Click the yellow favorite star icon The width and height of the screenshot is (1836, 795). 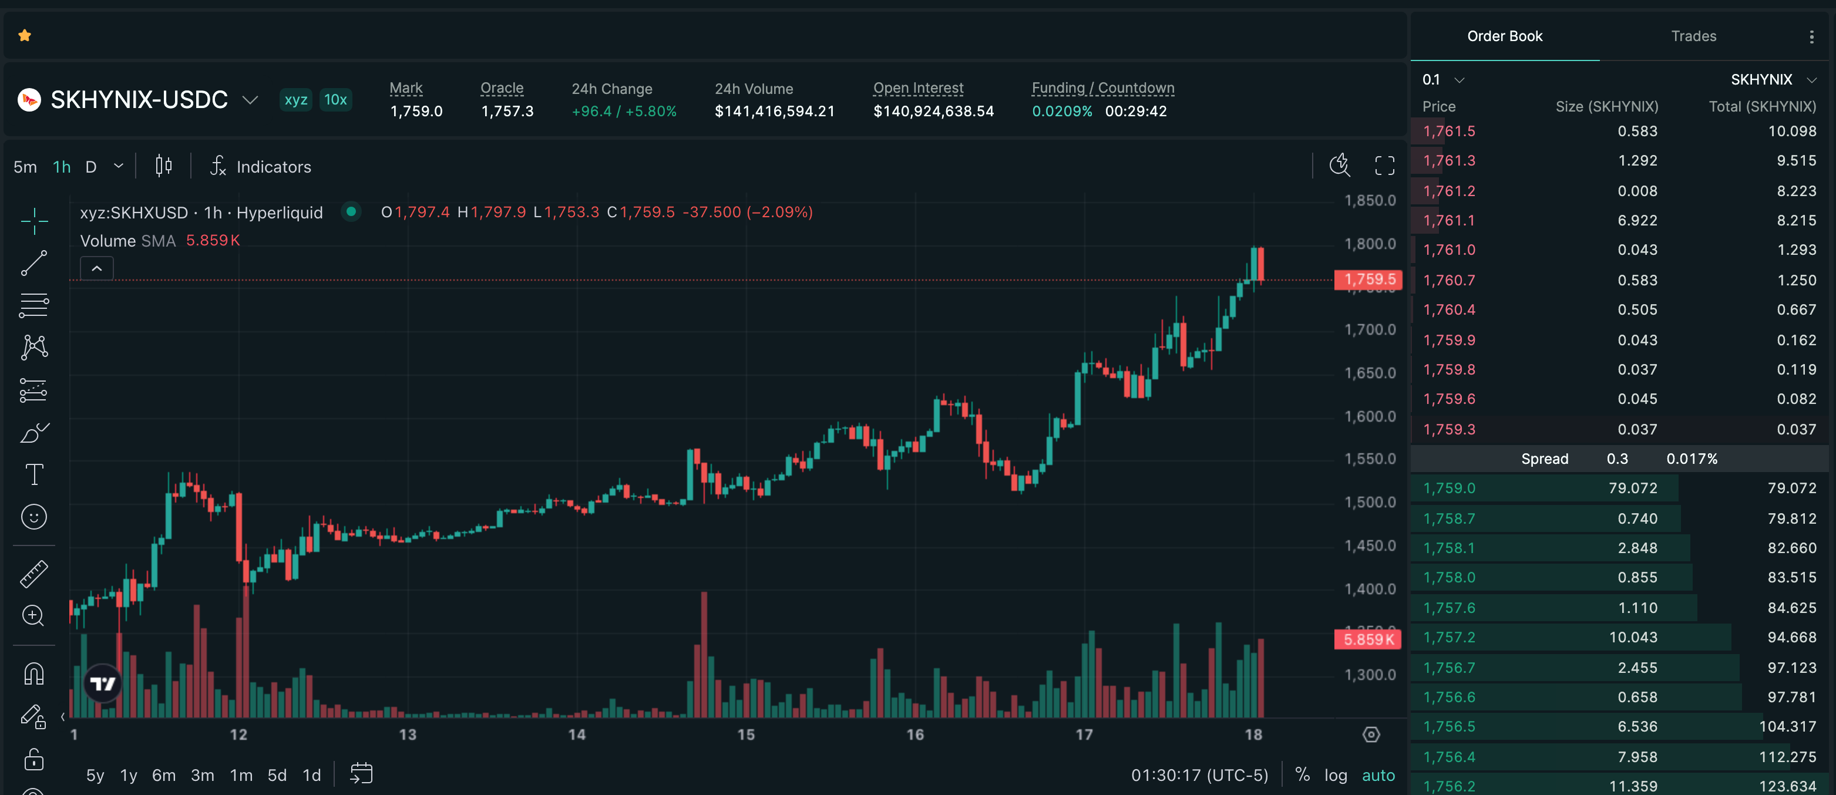[x=25, y=36]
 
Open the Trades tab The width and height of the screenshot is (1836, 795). [x=1693, y=36]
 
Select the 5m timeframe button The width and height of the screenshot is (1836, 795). [x=25, y=167]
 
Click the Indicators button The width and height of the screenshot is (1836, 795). [x=260, y=167]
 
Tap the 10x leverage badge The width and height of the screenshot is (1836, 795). [x=335, y=100]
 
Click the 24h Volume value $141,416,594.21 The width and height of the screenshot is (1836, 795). [x=775, y=111]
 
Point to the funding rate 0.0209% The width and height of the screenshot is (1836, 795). [x=1062, y=111]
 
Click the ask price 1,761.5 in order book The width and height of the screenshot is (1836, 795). [x=1449, y=131]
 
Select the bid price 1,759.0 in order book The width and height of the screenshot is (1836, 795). [x=1449, y=489]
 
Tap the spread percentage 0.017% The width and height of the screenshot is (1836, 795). [x=1692, y=459]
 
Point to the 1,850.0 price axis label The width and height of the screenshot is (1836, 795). [x=1370, y=201]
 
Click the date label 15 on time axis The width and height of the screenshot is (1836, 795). [x=745, y=735]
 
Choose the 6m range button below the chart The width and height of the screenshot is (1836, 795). [x=164, y=775]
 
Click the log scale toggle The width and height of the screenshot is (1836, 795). [x=1335, y=775]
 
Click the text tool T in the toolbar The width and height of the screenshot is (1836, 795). [x=34, y=474]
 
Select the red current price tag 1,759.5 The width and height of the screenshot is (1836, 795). [x=1368, y=279]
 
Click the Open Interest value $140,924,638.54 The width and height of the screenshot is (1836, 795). [x=934, y=111]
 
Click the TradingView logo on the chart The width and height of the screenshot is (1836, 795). [x=103, y=684]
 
